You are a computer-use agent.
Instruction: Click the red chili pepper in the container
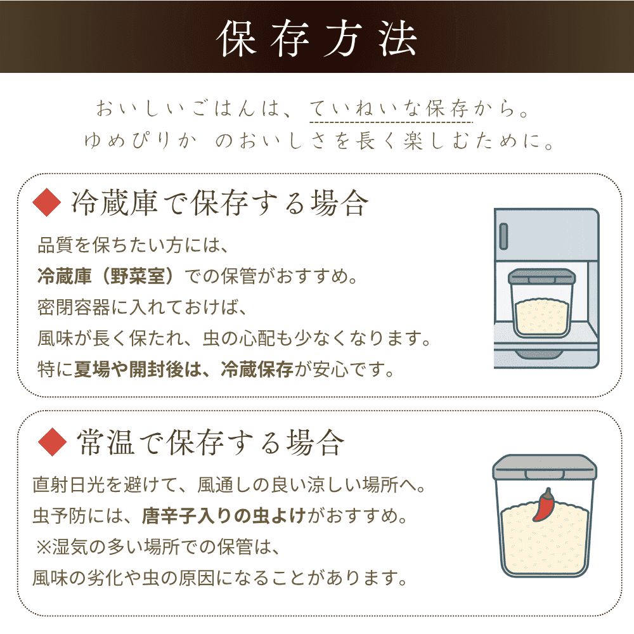544,505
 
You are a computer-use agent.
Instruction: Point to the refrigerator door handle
503,236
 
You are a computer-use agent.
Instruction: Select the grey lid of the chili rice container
545,468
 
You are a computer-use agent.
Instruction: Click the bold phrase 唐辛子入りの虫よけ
224,515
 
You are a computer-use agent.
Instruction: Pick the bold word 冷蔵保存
257,370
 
